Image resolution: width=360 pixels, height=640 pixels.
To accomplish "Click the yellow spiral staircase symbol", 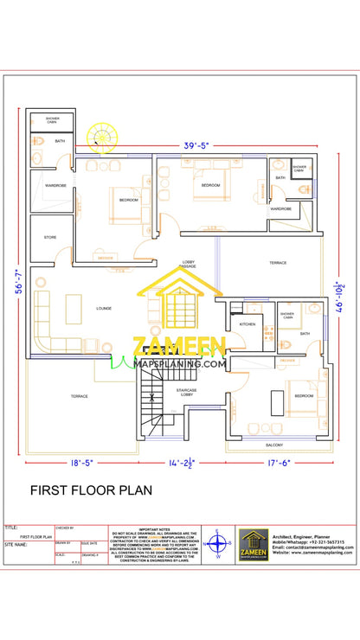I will pyautogui.click(x=101, y=137).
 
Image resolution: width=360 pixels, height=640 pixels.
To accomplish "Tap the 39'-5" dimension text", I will pyautogui.click(x=196, y=145).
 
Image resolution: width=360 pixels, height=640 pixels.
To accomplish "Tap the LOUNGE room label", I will pyautogui.click(x=103, y=308).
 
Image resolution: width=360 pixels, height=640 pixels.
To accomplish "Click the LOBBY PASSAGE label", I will pyautogui.click(x=187, y=264).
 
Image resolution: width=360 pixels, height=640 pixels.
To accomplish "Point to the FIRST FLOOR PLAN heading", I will pyautogui.click(x=92, y=490).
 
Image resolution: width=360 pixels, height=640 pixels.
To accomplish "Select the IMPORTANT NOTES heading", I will pyautogui.click(x=156, y=528).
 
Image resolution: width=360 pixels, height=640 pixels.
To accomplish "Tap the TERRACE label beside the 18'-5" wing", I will pyautogui.click(x=80, y=395).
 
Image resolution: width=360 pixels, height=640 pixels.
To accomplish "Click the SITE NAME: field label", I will pyautogui.click(x=17, y=545).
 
